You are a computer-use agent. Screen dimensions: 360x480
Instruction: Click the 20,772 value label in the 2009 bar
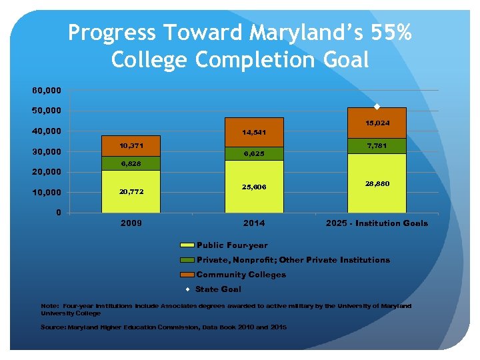(x=131, y=192)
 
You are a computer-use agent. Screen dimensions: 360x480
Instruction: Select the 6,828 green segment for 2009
(x=131, y=163)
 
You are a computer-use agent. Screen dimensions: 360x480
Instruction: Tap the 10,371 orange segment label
(x=131, y=145)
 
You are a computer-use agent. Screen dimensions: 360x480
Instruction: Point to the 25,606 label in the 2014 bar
(x=255, y=187)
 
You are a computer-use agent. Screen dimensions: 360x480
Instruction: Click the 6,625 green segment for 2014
(x=255, y=153)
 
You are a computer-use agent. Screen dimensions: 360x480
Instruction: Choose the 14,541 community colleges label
(x=255, y=132)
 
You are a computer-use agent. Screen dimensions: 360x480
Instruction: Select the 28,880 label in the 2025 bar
(x=377, y=182)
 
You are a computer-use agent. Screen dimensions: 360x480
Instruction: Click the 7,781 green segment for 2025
(x=377, y=145)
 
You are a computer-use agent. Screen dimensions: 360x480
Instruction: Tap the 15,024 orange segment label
(x=377, y=123)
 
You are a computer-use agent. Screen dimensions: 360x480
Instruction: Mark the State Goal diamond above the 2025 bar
(x=377, y=107)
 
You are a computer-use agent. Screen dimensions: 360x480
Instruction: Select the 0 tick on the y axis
(x=58, y=213)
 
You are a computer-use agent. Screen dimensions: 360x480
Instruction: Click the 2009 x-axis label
(x=131, y=223)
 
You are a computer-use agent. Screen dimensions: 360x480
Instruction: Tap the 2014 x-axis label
(x=255, y=223)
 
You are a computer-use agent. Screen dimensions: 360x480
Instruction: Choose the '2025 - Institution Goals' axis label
(x=377, y=223)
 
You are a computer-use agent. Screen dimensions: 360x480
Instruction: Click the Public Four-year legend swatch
(x=187, y=245)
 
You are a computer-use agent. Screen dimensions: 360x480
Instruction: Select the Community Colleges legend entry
(x=241, y=275)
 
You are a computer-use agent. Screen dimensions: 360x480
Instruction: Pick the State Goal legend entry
(x=218, y=289)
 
